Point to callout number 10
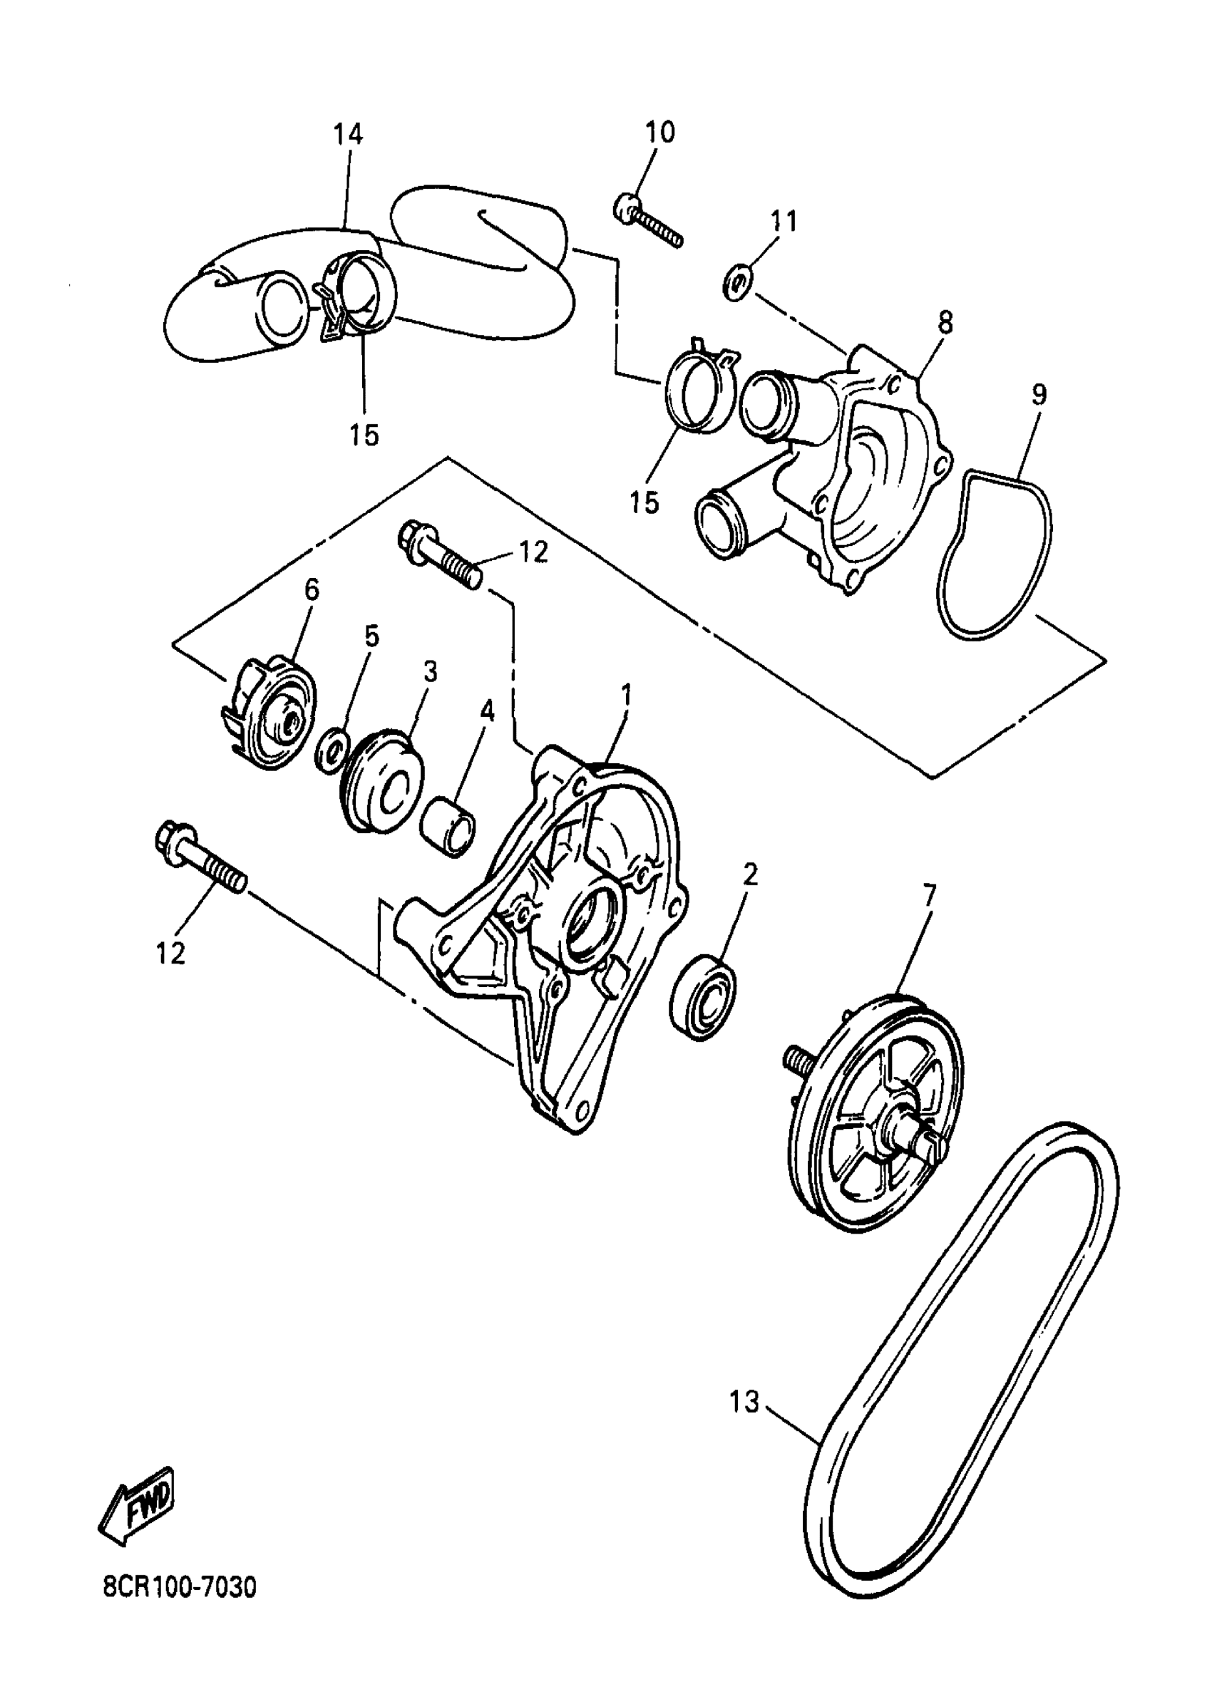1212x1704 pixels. [x=659, y=132]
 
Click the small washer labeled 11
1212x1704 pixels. [x=737, y=284]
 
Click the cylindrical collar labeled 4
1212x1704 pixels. [x=449, y=827]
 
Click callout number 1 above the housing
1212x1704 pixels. [x=626, y=695]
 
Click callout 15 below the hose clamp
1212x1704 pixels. [x=364, y=434]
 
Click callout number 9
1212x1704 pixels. [x=1039, y=395]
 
